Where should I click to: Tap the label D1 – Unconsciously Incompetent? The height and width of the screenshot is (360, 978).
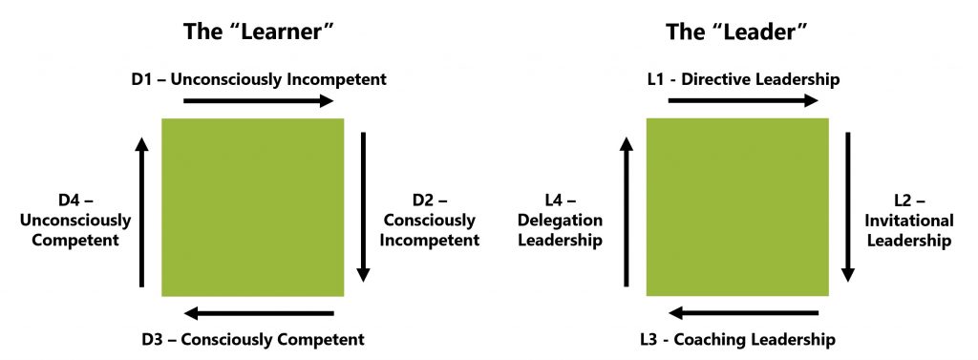259,79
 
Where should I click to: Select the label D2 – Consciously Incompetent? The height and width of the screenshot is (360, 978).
430,220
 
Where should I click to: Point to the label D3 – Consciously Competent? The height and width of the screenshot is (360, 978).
252,338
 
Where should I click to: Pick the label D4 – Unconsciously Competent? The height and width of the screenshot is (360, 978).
81,220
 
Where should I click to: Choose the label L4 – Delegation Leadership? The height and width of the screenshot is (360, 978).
560,221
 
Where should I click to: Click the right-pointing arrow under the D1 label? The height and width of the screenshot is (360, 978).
257,99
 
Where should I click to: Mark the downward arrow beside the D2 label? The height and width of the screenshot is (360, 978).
363,205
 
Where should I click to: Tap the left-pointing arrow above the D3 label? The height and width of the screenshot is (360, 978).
258,313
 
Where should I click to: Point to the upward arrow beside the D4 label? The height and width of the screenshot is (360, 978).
142,211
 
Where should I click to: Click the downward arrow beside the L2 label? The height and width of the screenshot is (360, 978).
847,205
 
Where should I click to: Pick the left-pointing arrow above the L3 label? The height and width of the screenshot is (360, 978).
743,313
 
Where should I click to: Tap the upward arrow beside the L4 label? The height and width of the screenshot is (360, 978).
627,211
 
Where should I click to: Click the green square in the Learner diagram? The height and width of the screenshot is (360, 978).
253,206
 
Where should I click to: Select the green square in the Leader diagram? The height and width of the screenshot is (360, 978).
737,206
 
